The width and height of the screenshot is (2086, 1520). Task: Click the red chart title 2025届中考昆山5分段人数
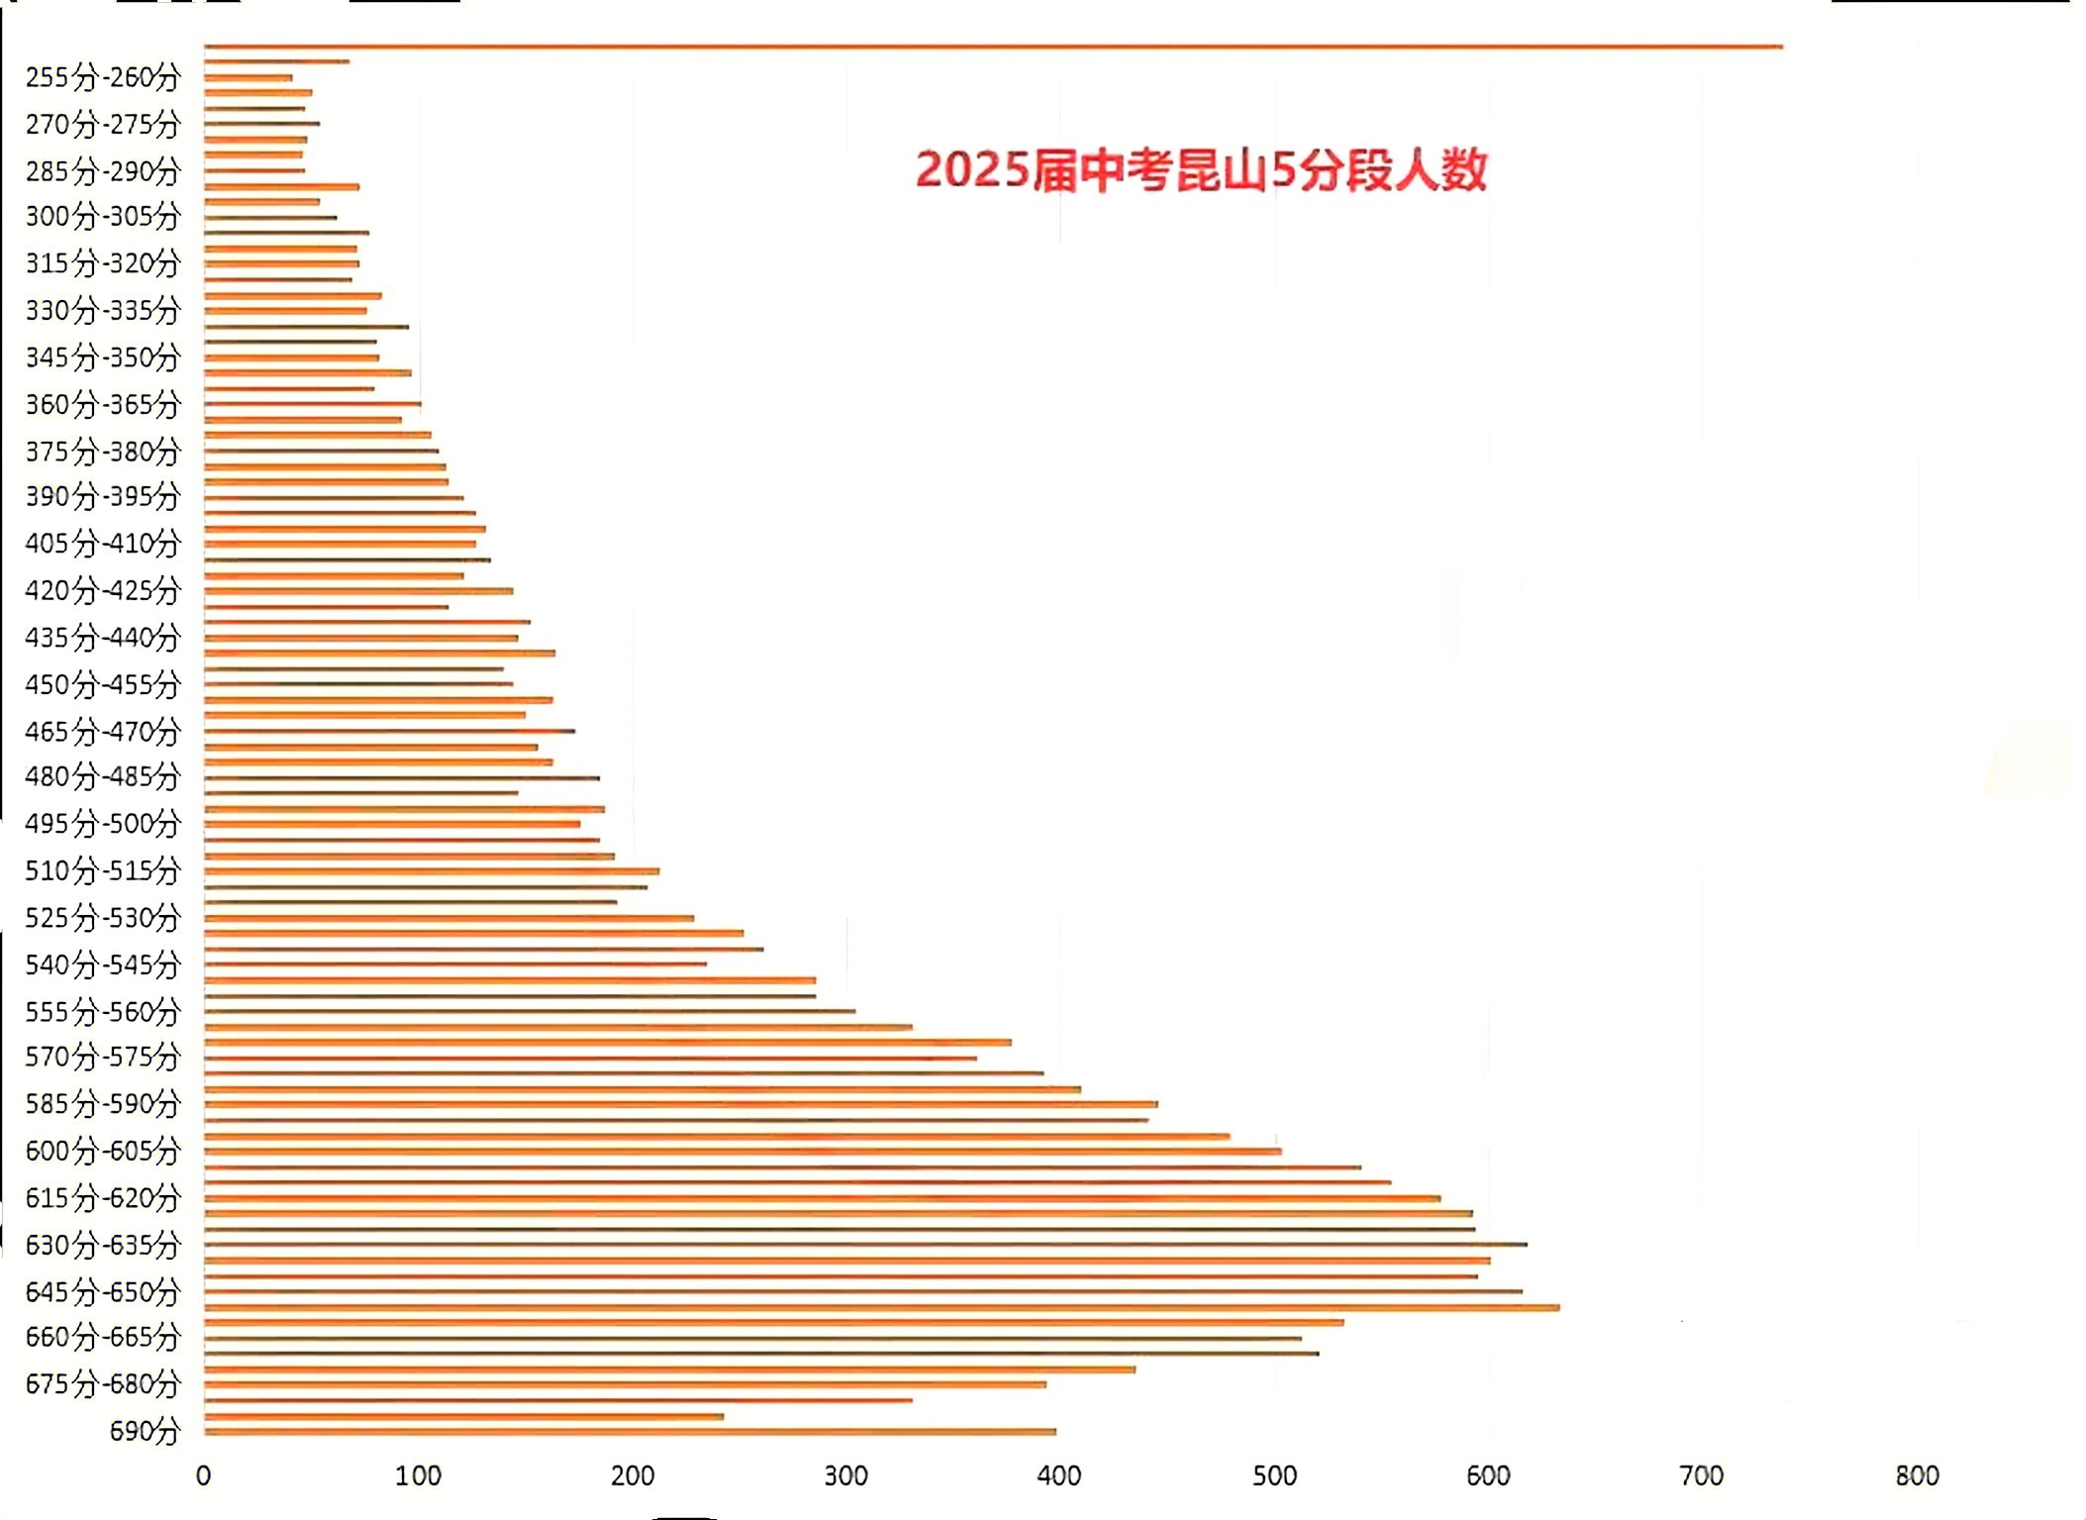point(1201,170)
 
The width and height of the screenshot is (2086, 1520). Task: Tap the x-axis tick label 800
point(1917,1476)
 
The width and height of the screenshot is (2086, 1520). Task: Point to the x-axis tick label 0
point(204,1476)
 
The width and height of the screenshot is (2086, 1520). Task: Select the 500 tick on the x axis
point(1274,1476)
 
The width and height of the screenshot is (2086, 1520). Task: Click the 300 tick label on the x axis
point(846,1476)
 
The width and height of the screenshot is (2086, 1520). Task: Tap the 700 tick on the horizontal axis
point(1702,1476)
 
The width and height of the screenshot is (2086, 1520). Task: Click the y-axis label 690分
point(145,1431)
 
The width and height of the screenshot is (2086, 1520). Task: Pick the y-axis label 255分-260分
point(103,77)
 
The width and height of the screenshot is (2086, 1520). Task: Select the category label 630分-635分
point(103,1245)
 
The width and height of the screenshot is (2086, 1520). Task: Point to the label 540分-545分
point(103,964)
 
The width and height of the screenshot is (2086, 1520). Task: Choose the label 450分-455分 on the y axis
point(103,684)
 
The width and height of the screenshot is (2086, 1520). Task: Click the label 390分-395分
point(103,496)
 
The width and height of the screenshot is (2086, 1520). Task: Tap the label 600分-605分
point(103,1151)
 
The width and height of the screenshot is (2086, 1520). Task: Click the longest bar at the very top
point(990,47)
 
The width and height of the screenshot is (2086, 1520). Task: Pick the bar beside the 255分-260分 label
point(248,77)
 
